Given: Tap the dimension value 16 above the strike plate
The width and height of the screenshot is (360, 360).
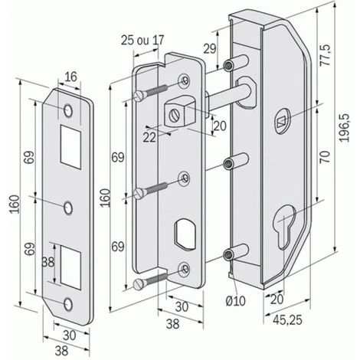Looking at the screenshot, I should pos(70,77).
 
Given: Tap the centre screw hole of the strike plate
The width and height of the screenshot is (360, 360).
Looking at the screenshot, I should pos(68,206).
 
